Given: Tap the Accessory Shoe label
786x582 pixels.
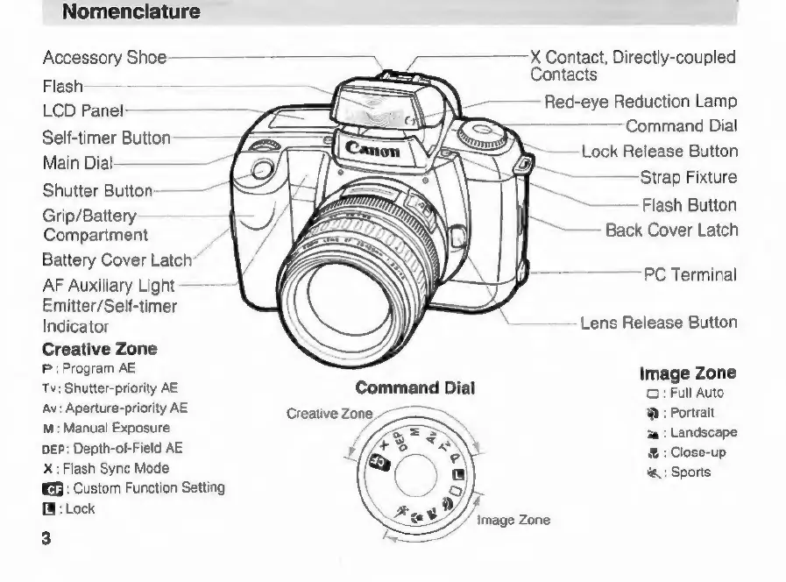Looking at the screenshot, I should click(x=104, y=59).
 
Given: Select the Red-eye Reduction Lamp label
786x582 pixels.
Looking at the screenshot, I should click(x=641, y=102).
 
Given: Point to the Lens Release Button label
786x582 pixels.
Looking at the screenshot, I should click(x=658, y=323).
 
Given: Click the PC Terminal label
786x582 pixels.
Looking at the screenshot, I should click(x=690, y=274).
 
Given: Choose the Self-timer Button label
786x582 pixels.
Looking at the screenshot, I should click(x=106, y=138).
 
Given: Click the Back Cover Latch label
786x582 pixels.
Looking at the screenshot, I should click(x=671, y=231).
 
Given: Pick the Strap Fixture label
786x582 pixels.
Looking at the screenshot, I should click(x=688, y=178).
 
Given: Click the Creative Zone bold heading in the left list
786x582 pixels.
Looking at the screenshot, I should click(x=100, y=349).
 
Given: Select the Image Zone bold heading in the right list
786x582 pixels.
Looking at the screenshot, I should click(x=688, y=373).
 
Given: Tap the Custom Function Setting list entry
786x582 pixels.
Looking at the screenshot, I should click(x=133, y=487).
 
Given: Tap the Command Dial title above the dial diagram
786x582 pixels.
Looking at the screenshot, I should click(x=414, y=387).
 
